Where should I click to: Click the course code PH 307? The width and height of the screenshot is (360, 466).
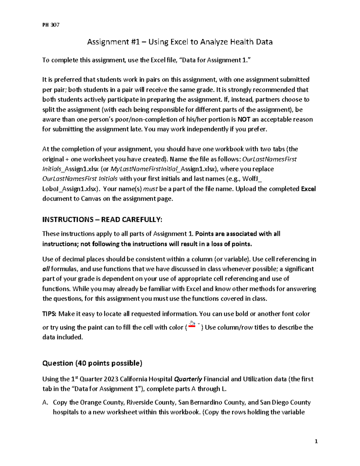pyautogui.click(x=51, y=25)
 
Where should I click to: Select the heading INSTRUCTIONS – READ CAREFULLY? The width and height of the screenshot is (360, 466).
pyautogui.click(x=102, y=220)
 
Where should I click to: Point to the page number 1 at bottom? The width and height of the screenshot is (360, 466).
pyautogui.click(x=316, y=441)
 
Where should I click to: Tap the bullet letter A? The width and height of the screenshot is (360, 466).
pyautogui.click(x=45, y=402)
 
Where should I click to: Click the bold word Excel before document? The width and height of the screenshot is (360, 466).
pyautogui.click(x=308, y=189)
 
